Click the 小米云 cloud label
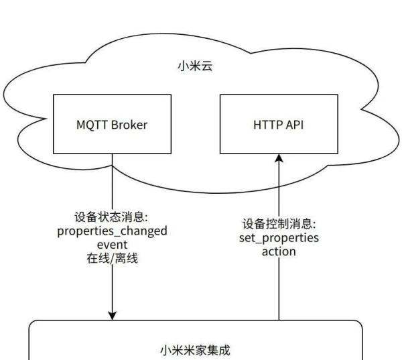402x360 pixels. tap(194, 66)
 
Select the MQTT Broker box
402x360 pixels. tap(112, 124)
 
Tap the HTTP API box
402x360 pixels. tap(279, 124)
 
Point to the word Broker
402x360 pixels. tap(129, 125)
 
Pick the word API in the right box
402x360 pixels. tap(295, 125)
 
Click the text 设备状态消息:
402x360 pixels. tap(112, 218)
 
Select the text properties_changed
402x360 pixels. tap(112, 231)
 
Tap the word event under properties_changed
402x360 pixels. tap(112, 244)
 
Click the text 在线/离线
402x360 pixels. tap(112, 257)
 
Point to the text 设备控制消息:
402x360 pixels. tap(279, 225)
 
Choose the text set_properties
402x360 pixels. tap(279, 238)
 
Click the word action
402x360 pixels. tap(279, 251)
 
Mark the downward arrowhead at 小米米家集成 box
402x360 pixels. tap(112, 314)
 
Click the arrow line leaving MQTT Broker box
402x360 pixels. tap(112, 181)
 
